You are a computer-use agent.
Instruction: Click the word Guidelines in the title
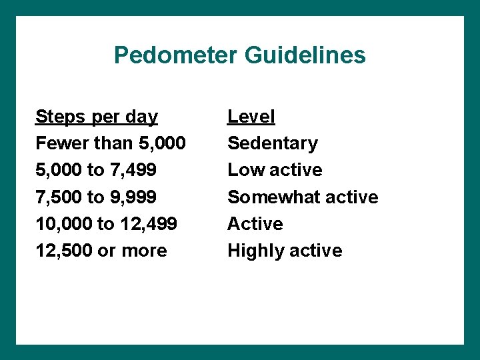(305, 55)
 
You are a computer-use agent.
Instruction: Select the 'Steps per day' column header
(97, 117)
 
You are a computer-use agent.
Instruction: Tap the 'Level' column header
(251, 117)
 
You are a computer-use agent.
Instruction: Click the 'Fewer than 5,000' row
(111, 143)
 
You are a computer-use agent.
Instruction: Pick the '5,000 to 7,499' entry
(96, 170)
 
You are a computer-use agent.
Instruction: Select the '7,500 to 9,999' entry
(96, 197)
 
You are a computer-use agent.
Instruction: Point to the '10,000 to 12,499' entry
(106, 224)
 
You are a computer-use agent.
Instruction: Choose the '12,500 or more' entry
(101, 251)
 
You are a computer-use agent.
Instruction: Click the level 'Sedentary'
(273, 143)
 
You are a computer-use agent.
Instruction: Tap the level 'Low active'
(275, 170)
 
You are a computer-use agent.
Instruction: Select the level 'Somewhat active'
(303, 197)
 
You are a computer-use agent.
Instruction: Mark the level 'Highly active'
(285, 251)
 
